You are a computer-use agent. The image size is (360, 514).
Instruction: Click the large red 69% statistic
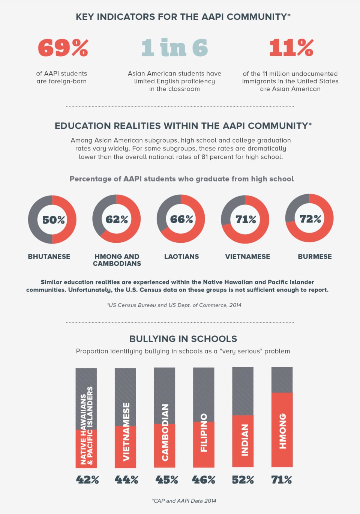point(63,48)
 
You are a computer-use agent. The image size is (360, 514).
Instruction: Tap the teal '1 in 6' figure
point(174,48)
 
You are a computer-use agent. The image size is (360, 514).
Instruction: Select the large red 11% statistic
point(291,48)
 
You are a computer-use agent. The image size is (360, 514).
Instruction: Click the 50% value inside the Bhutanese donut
point(53,220)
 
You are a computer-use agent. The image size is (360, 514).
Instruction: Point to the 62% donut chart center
point(117,219)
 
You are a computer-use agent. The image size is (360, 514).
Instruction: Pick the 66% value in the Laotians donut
point(181,219)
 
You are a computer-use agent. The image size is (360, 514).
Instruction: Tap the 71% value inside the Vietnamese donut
point(246,219)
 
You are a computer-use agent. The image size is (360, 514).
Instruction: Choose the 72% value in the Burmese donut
point(310,219)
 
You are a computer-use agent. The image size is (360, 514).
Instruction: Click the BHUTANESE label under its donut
point(49,257)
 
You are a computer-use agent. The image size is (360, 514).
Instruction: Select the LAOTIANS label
point(181,257)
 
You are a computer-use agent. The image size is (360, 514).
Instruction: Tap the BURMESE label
point(315,257)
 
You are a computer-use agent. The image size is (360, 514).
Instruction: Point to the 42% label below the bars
point(87,480)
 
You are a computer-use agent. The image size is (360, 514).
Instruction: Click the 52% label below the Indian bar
point(243,480)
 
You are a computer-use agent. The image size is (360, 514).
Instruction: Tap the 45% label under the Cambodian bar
point(166,480)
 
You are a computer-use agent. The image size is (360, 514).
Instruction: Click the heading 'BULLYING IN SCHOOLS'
point(183,339)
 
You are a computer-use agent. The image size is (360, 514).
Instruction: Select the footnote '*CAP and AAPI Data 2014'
point(184,501)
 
